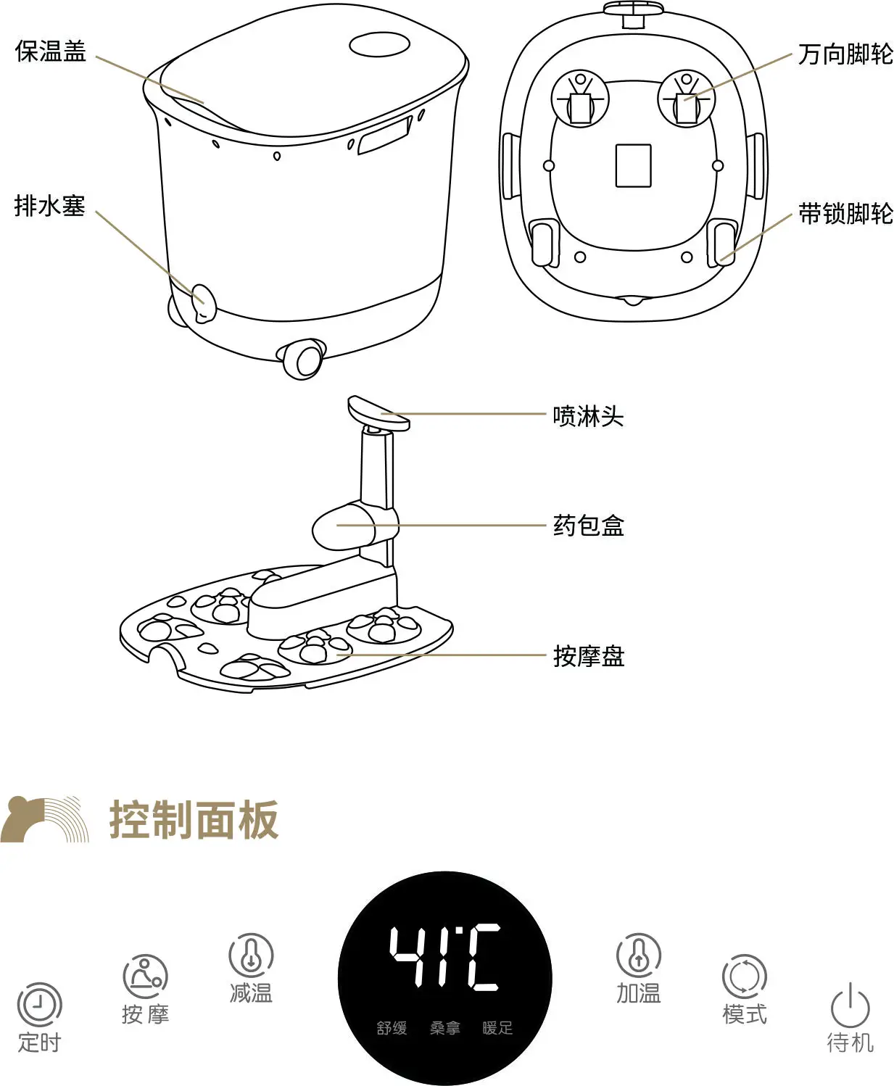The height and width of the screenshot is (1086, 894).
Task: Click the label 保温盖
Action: pos(51,51)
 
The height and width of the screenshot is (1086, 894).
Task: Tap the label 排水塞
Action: pos(49,206)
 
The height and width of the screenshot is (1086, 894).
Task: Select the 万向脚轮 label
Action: pos(845,54)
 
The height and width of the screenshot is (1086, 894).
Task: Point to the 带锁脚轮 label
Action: pos(845,214)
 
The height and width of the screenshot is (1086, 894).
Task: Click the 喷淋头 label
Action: pos(588,416)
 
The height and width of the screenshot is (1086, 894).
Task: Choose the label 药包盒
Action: pos(588,526)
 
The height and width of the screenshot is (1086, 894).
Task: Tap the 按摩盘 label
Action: pos(589,656)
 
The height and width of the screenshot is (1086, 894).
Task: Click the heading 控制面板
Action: pos(194,820)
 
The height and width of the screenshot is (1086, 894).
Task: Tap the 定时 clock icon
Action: pos(40,1004)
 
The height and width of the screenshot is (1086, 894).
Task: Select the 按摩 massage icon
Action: pos(145,977)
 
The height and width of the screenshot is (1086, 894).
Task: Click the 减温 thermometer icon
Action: pos(251,956)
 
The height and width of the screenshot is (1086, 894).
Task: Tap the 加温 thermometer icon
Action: pos(639,956)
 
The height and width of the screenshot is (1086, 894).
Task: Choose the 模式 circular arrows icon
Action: pos(744,977)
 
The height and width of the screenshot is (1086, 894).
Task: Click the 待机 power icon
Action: pos(850,1005)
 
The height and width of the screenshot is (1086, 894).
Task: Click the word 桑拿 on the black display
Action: pos(445,1028)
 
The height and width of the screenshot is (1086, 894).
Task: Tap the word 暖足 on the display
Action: pos(497,1028)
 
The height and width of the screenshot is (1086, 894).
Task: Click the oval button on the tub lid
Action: pos(379,46)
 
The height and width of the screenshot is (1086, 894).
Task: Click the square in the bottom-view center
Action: pos(634,165)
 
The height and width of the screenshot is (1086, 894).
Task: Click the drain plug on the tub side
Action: pos(204,303)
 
